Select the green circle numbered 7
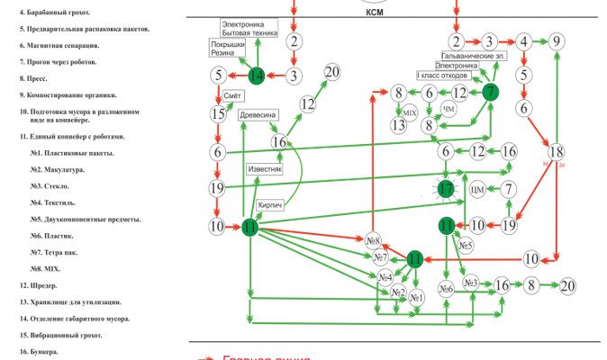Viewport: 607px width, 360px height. click(x=490, y=91)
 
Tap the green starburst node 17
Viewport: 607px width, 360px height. click(x=447, y=188)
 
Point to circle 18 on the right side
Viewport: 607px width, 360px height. click(x=557, y=152)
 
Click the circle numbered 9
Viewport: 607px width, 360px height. click(x=557, y=40)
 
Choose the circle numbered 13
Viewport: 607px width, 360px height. click(x=397, y=125)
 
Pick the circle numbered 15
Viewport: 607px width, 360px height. click(x=217, y=113)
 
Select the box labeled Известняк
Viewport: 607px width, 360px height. click(x=265, y=168)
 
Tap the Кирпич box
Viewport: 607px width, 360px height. click(x=272, y=206)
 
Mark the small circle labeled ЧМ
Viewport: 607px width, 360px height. click(x=448, y=111)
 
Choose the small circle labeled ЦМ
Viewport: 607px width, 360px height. click(x=478, y=189)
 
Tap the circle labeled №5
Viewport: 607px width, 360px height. click(x=466, y=245)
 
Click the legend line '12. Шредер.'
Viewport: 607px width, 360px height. click(x=43, y=285)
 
